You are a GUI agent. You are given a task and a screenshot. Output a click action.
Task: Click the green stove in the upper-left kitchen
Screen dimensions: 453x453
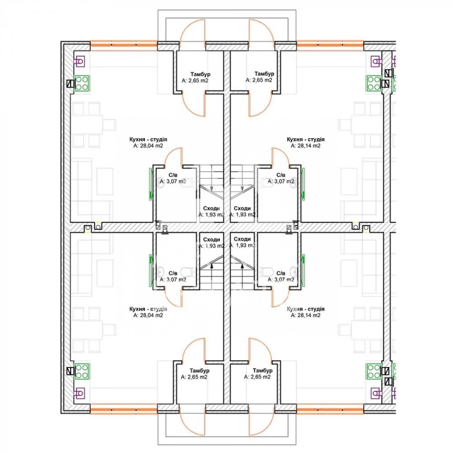82,83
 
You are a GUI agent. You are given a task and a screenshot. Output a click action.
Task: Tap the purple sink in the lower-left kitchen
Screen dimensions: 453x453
79,393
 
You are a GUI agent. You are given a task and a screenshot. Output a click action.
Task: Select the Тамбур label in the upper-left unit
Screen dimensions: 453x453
200,74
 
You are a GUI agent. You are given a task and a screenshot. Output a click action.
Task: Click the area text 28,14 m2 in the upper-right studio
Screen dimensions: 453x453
305,146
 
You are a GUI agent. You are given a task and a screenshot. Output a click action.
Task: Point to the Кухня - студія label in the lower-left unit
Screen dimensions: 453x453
148,309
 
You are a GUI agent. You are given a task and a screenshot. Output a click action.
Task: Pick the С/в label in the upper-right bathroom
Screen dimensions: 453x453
281,175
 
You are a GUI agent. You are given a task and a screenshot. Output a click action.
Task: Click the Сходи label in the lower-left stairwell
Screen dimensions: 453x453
212,240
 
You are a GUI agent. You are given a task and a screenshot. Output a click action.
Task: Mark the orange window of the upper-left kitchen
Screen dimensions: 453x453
124,45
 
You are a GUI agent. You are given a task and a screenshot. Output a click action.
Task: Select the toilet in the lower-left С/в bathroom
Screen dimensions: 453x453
186,271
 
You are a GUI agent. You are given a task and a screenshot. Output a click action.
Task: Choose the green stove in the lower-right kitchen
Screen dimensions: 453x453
374,371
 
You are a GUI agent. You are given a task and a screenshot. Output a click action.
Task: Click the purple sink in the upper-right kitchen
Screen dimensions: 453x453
376,61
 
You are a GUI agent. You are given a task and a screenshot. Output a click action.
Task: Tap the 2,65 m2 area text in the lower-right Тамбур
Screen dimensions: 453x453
257,377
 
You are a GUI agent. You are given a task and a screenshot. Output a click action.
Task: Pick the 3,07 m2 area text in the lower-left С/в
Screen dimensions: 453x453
173,280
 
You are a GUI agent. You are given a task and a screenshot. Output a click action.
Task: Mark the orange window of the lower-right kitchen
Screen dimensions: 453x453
330,409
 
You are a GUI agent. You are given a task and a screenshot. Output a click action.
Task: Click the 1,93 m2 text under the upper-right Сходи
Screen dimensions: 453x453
242,215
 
